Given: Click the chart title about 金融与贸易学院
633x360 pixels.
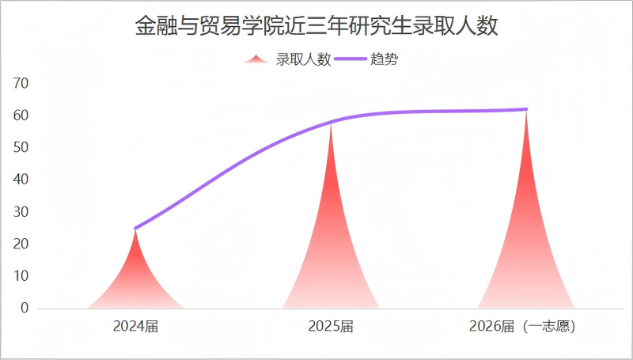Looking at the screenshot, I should [x=316, y=27].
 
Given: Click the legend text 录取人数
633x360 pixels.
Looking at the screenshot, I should [x=303, y=60].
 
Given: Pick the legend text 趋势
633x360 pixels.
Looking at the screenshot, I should [x=384, y=60].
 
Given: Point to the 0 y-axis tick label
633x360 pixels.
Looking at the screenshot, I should [x=25, y=309].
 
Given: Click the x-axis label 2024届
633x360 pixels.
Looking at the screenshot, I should [x=135, y=326].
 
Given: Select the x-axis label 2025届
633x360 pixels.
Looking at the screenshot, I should [x=331, y=326].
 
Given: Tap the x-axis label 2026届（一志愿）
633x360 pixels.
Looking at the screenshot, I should [x=521, y=326].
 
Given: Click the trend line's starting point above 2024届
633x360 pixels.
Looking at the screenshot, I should [x=135, y=228].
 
